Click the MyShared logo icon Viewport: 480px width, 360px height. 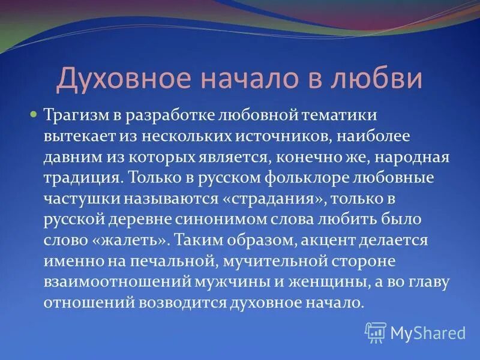point(376,332)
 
